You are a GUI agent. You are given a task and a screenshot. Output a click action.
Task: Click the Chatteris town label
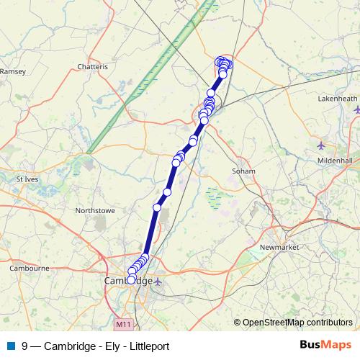point(93,67)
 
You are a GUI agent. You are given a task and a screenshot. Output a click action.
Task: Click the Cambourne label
point(29,268)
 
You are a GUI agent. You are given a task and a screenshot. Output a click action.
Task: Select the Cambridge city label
point(127,280)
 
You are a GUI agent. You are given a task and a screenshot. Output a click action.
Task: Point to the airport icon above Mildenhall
point(321,145)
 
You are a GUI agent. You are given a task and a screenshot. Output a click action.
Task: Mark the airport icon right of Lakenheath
point(357,109)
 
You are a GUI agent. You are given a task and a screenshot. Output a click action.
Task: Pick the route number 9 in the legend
point(25,346)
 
